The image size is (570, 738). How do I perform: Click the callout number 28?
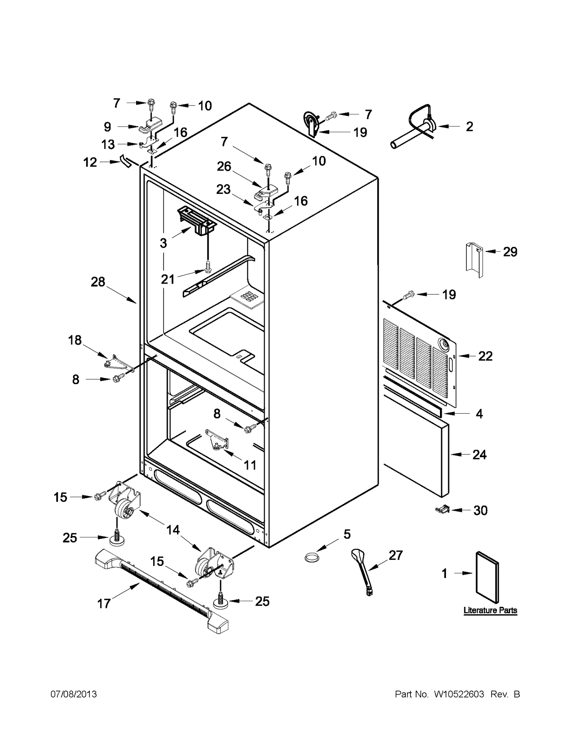point(98,282)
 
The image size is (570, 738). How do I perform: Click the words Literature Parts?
point(490,610)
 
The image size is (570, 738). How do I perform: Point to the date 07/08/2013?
point(73,694)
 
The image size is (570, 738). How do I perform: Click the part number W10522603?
point(458,694)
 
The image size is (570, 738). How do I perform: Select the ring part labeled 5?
point(312,557)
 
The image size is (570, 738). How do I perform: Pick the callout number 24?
point(479,455)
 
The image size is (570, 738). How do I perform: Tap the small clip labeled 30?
point(442,510)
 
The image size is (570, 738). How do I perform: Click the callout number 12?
point(90,162)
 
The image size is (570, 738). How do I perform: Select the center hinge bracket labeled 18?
point(118,364)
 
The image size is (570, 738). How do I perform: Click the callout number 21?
point(167,279)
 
